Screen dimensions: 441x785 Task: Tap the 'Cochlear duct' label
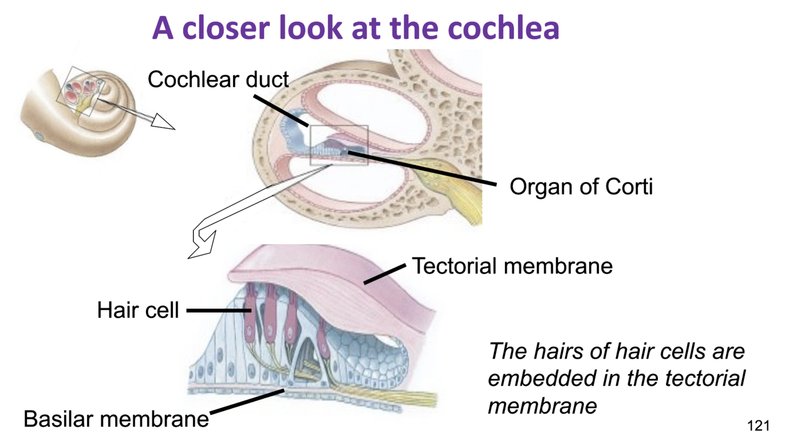218,79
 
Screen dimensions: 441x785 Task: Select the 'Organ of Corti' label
581,187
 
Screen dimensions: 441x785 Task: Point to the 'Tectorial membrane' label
512,266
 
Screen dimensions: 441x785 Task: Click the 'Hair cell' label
138,310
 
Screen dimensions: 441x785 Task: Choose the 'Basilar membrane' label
116,419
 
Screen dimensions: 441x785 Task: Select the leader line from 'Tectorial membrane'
384,274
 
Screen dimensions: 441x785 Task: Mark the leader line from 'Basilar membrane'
247,400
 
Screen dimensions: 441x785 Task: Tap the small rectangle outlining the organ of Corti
339,145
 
